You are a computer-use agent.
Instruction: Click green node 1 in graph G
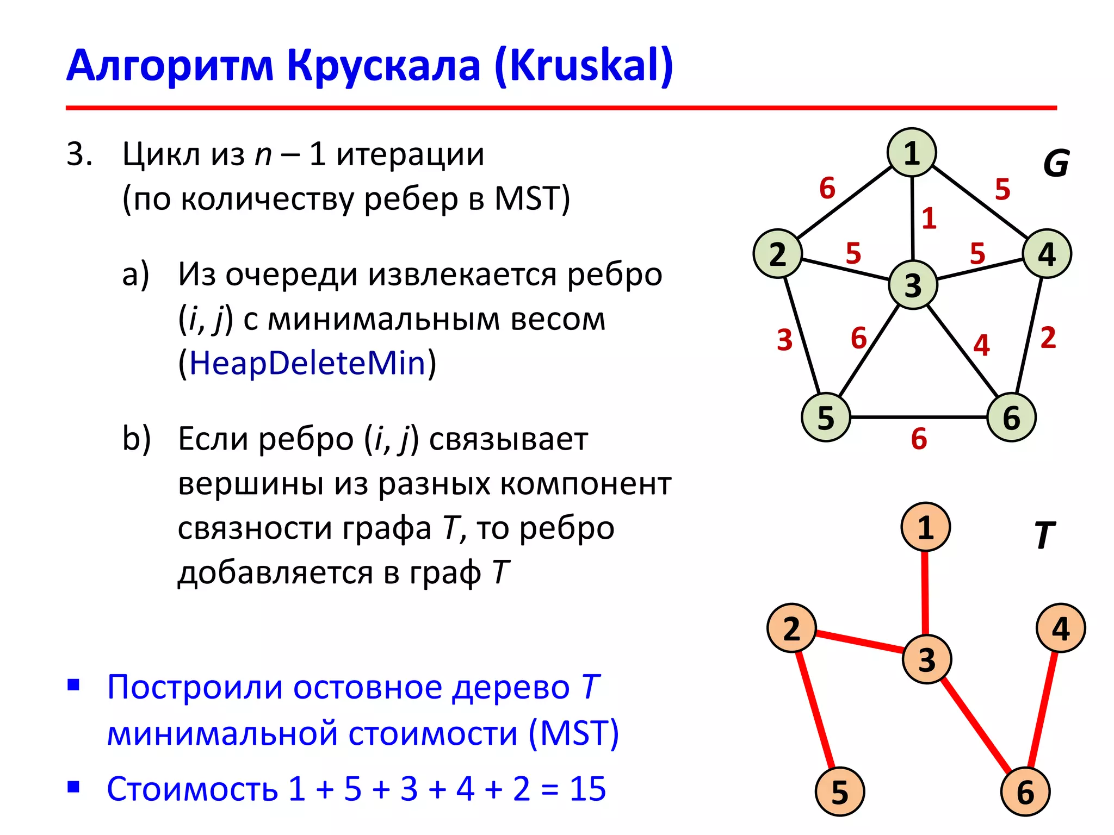click(912, 153)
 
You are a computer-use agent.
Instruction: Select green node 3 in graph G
click(913, 285)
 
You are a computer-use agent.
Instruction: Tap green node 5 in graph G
click(826, 417)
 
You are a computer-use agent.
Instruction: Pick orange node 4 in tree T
click(1061, 628)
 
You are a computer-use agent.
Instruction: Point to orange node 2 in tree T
click(791, 628)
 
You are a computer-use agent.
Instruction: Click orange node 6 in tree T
click(1025, 792)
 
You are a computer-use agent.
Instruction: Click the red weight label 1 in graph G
click(929, 219)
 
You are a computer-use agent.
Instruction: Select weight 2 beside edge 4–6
click(1048, 338)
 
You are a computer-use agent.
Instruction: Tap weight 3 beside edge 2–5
click(784, 340)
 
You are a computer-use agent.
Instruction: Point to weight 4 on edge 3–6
click(981, 345)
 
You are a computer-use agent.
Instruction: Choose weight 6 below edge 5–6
click(919, 439)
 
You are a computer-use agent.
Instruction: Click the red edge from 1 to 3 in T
click(925, 593)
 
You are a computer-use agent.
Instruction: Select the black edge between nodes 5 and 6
click(919, 417)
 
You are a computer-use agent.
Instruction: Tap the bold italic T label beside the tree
click(1044, 535)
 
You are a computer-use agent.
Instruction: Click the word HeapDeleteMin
click(307, 363)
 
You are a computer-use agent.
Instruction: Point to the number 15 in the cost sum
click(587, 788)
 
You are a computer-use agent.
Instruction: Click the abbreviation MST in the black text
click(527, 198)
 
